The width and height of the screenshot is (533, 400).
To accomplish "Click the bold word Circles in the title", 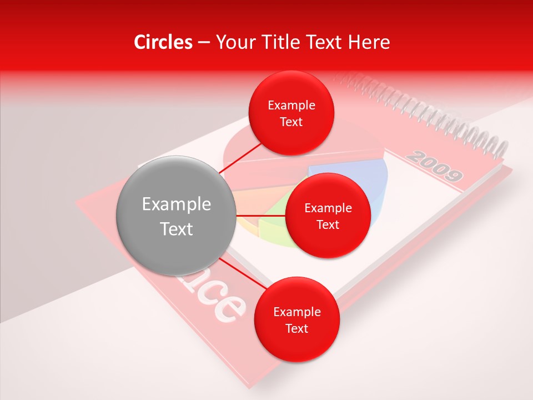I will pyautogui.click(x=163, y=42).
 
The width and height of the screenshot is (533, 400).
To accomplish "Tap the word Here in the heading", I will pyautogui.click(x=368, y=42).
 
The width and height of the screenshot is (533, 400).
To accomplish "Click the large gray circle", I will pyautogui.click(x=176, y=216).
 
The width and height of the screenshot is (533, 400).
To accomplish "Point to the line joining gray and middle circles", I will pyautogui.click(x=261, y=216).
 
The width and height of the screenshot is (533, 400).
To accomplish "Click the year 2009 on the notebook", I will pyautogui.click(x=434, y=166).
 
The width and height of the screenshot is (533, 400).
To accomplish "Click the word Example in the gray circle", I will pyautogui.click(x=176, y=204).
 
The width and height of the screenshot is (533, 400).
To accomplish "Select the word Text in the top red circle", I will pyautogui.click(x=291, y=122).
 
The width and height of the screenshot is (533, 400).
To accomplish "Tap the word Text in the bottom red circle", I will pyautogui.click(x=296, y=329).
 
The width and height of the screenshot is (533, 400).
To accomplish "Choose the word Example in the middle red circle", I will pyautogui.click(x=328, y=208).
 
